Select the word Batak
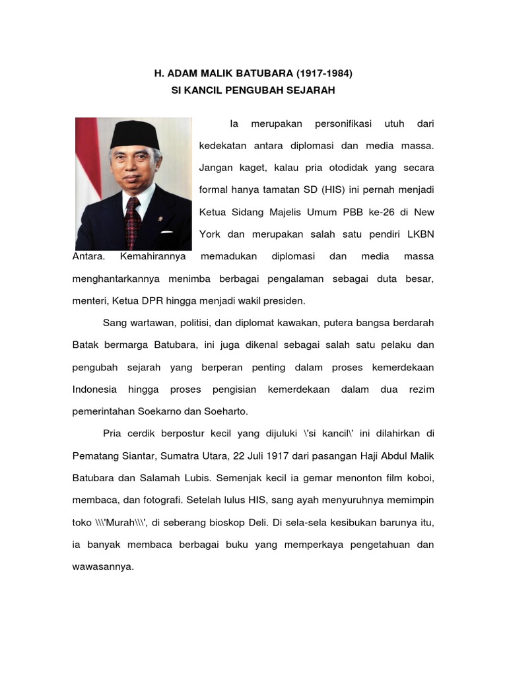(x=85, y=345)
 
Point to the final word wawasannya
(x=102, y=566)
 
